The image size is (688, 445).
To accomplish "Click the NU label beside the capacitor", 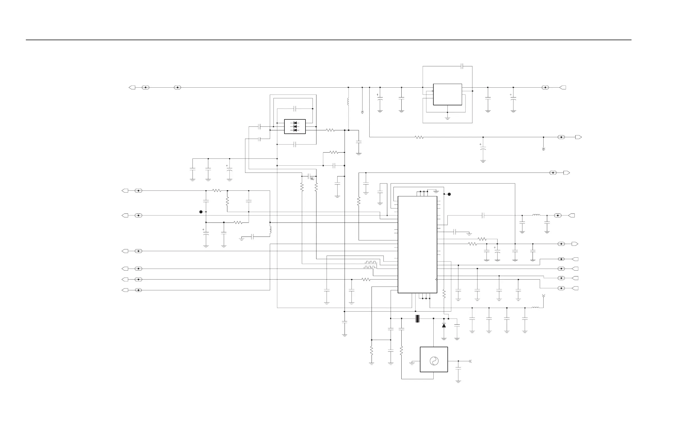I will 312,179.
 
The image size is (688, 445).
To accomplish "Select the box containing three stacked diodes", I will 295,127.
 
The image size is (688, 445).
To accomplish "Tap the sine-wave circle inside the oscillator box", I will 434,361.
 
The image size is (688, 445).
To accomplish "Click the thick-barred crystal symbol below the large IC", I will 417,318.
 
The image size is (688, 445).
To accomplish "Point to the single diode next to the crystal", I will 444,326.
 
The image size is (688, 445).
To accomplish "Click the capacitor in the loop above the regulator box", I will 462,66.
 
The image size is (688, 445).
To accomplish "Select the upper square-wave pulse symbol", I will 371,262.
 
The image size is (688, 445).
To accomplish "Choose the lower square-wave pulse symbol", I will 370,267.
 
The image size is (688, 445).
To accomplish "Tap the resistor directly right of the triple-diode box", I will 331,130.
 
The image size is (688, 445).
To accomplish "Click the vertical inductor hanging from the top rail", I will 348,102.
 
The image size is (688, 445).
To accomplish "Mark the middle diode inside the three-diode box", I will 295,127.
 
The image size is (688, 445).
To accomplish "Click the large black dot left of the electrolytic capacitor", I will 201,212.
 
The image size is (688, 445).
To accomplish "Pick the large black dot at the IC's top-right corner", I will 449,194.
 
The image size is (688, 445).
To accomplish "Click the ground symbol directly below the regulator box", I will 447,118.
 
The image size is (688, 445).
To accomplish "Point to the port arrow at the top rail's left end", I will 132,87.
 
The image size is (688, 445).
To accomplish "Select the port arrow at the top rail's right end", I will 563,87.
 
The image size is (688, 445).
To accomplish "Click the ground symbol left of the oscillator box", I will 412,363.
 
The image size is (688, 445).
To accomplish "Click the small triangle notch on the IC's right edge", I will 436,280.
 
